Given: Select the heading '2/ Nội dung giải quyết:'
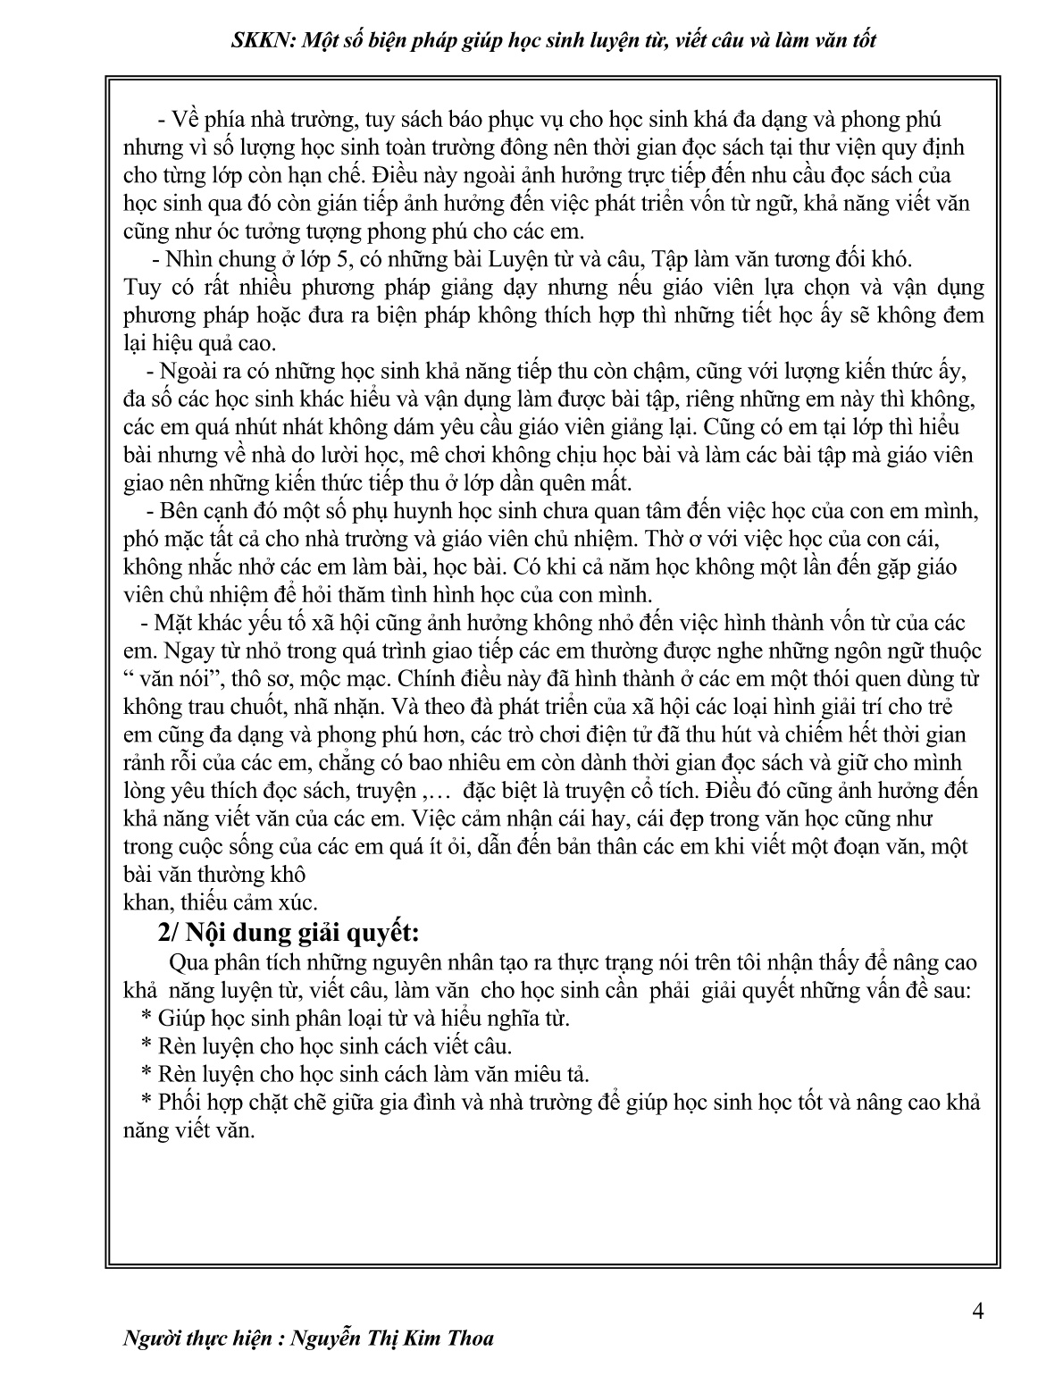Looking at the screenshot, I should point(287,932).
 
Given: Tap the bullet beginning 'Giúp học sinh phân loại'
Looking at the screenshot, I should point(356,1018).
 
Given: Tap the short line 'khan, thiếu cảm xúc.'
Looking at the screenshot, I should point(220,902).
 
